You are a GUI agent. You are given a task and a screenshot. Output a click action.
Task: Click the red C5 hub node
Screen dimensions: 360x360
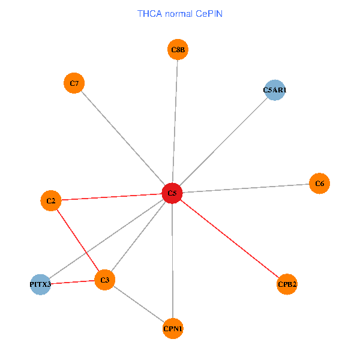click(x=172, y=193)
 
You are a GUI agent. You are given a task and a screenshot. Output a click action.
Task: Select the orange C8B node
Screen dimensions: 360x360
click(x=178, y=50)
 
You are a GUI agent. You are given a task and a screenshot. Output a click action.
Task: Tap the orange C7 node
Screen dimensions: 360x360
click(x=74, y=83)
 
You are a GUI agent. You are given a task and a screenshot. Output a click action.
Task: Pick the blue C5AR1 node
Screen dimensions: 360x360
click(x=274, y=90)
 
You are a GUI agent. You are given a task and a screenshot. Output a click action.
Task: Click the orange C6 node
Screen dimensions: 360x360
click(x=319, y=183)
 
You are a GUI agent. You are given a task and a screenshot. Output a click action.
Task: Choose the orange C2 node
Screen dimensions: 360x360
click(x=51, y=200)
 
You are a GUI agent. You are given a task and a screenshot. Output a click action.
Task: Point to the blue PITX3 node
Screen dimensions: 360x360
click(x=41, y=284)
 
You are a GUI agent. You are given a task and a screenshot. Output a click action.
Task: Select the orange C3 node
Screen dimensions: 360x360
click(x=105, y=280)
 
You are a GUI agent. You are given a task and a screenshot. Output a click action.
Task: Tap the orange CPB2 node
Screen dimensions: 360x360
click(x=287, y=284)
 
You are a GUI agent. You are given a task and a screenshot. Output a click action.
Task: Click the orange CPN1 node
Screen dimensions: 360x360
click(x=173, y=328)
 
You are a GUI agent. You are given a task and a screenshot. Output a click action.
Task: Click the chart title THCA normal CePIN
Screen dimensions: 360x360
click(x=180, y=13)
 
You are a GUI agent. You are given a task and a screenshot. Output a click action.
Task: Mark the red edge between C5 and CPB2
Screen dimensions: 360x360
click(x=230, y=239)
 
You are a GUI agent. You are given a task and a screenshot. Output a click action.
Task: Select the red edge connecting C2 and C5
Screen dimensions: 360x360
click(x=112, y=197)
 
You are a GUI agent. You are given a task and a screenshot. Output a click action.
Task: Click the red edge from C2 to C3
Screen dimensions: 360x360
click(x=78, y=240)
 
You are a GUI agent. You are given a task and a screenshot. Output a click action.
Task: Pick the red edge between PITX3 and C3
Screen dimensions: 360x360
click(x=73, y=282)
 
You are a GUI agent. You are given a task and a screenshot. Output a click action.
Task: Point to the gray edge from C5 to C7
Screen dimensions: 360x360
click(x=123, y=138)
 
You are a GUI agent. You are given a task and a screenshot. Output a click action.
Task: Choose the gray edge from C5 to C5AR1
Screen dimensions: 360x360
click(x=223, y=142)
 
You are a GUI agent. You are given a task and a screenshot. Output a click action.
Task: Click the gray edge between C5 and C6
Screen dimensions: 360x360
click(x=246, y=188)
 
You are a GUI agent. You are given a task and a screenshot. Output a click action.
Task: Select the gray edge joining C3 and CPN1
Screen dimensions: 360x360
click(x=139, y=304)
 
